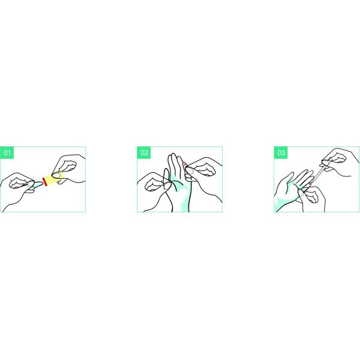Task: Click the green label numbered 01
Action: point(7,152)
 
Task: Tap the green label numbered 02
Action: point(144,152)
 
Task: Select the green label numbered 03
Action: point(281,152)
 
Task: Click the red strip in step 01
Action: point(45,182)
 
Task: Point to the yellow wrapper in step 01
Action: point(55,179)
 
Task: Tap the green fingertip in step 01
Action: point(37,184)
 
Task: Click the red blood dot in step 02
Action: point(184,164)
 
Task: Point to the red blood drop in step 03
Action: point(310,184)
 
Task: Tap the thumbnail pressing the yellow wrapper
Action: point(56,175)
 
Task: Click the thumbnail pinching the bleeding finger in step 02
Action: point(190,170)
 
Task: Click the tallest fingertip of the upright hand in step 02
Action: point(173,155)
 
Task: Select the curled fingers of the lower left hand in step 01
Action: point(19,183)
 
